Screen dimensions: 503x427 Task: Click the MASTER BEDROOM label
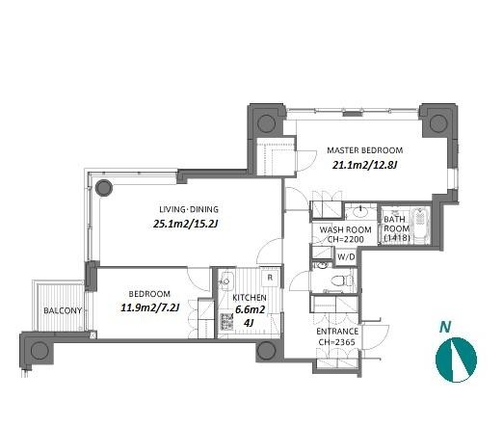tap(365, 150)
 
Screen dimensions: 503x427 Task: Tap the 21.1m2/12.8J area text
tap(365, 165)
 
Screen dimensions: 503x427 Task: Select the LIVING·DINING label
tap(189, 209)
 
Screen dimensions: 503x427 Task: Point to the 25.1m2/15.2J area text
tap(186, 224)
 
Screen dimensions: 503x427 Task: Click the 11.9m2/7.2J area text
tap(149, 307)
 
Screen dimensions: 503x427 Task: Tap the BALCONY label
tap(63, 310)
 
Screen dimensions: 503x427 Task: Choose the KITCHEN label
tap(250, 298)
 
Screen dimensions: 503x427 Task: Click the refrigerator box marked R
tap(270, 278)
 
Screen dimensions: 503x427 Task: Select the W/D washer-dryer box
tap(346, 257)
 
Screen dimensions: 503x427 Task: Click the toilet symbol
tap(339, 280)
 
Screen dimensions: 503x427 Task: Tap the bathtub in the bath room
tap(421, 225)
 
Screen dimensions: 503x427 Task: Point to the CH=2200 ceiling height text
tap(346, 239)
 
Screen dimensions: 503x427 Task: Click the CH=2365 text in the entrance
tap(337, 342)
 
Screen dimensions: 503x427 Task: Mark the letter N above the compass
tap(445, 327)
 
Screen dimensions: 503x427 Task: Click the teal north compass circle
tap(456, 360)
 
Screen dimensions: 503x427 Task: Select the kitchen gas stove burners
tap(226, 322)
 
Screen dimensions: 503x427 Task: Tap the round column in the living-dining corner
tap(104, 188)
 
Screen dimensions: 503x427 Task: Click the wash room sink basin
tap(360, 211)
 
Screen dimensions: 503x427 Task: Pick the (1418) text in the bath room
tap(397, 238)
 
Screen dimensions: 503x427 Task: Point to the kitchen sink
tap(226, 279)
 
